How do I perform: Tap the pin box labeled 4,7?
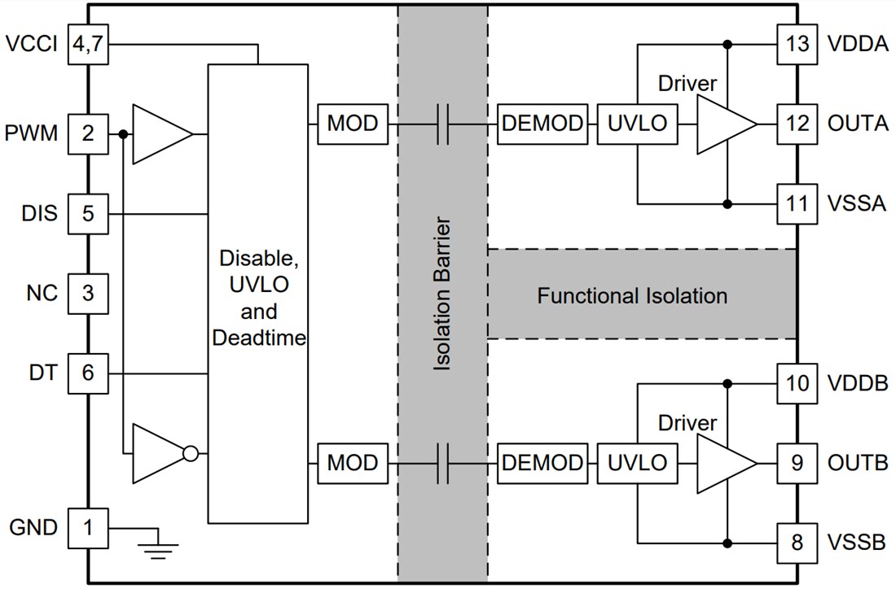tap(87, 44)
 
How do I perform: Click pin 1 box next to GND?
tap(87, 528)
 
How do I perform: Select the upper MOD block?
tap(353, 124)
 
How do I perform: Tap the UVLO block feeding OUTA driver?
tap(636, 124)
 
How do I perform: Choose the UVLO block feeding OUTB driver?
tap(636, 463)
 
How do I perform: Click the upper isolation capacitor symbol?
tap(443, 124)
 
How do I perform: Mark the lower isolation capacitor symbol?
tap(443, 463)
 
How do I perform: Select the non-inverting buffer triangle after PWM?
tap(160, 133)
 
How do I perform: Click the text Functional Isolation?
tap(632, 295)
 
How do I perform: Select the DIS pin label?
tap(40, 214)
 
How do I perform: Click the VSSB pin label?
tap(857, 542)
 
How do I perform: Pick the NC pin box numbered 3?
tap(87, 292)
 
